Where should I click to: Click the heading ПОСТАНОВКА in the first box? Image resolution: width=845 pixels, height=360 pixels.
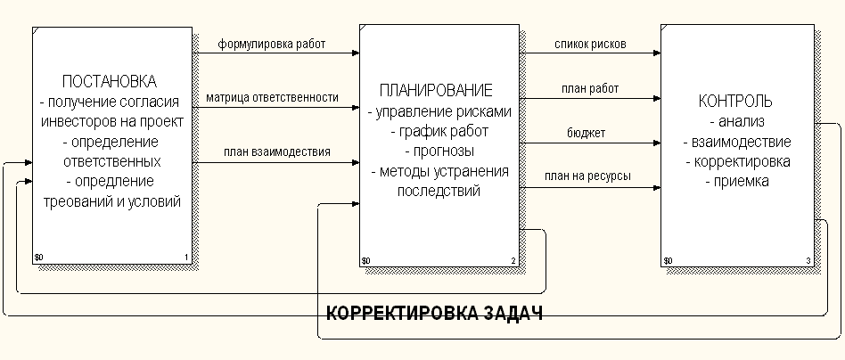[x=111, y=82]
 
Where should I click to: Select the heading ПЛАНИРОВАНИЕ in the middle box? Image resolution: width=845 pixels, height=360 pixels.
[x=436, y=91]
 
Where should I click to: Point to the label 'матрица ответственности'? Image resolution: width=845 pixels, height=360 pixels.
[x=272, y=97]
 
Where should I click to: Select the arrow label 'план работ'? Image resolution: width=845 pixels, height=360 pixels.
[x=590, y=88]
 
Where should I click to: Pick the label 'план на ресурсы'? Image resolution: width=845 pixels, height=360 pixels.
[x=589, y=176]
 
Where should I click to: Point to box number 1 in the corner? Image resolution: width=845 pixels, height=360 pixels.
[x=187, y=259]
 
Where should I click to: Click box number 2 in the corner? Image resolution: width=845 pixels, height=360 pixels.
[x=513, y=260]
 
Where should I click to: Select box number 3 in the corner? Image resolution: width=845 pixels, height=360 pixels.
[x=808, y=260]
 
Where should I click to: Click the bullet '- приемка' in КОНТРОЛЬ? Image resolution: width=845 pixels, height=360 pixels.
[x=735, y=182]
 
